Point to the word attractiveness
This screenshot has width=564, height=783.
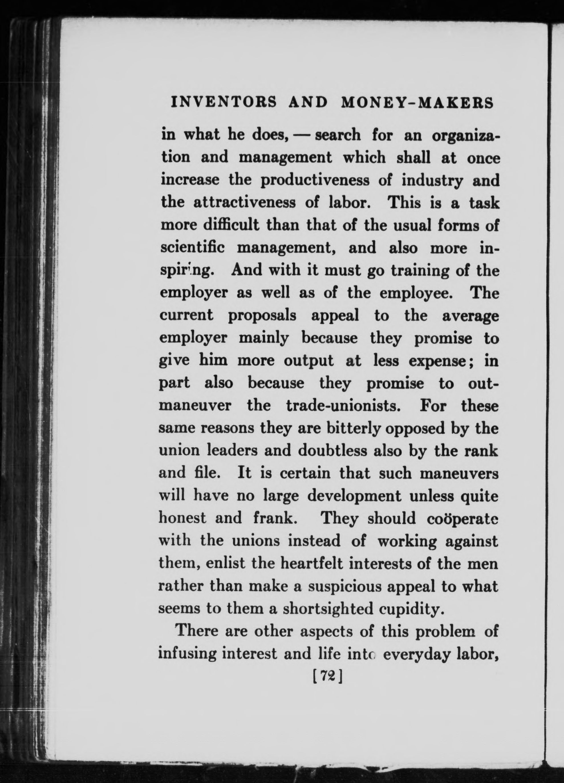[x=244, y=203]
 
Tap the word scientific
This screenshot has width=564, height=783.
[x=194, y=248]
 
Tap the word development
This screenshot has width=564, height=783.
[x=354, y=497]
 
